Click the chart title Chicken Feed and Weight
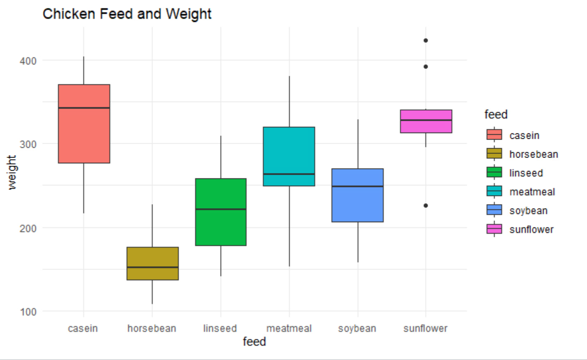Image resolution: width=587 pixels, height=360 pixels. pos(127,14)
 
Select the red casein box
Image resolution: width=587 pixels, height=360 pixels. pos(84,131)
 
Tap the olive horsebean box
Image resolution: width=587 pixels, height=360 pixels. pos(153,257)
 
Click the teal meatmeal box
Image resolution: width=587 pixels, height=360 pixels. pos(289,151)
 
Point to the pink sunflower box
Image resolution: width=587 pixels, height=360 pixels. pos(426,127)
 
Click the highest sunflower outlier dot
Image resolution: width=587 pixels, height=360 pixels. pos(426,40)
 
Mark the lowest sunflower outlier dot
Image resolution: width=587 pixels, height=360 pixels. pos(426,205)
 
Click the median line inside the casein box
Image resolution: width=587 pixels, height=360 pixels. pos(84,108)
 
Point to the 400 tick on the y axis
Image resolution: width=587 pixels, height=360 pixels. pos(28,61)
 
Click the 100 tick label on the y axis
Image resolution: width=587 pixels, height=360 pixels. pos(28,312)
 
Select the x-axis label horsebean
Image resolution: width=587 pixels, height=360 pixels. pos(152,328)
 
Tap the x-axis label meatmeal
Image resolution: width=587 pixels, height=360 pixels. pos(289,328)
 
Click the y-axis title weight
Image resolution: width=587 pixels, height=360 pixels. pos(12,172)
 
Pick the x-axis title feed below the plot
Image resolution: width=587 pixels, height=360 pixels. pos(254,342)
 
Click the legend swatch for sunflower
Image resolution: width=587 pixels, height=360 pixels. pos(494,229)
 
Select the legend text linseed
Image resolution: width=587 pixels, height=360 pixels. pos(526,173)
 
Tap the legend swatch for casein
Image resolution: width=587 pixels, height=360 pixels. pos(494,135)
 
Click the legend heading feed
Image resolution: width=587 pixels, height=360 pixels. pos(496,115)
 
